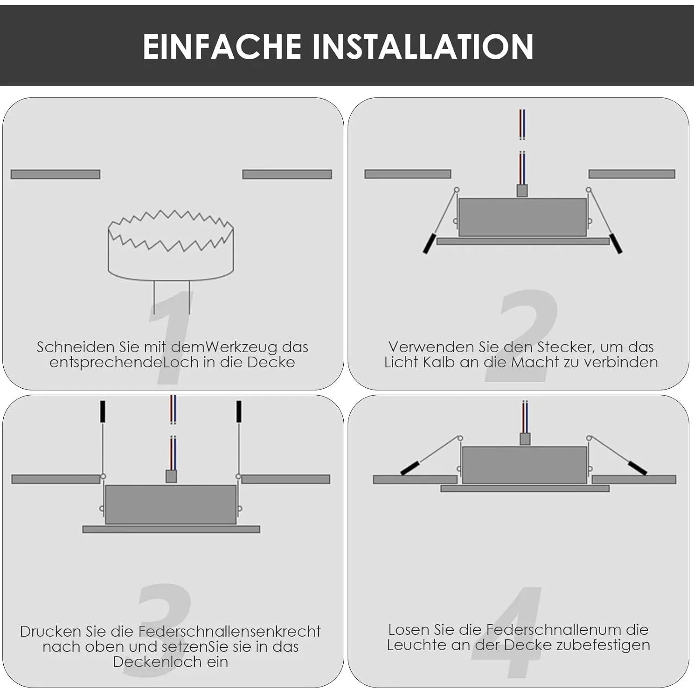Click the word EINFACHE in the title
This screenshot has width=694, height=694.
pyautogui.click(x=222, y=47)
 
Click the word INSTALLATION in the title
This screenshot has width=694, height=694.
pyautogui.click(x=423, y=47)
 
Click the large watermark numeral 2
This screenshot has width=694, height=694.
pyautogui.click(x=522, y=336)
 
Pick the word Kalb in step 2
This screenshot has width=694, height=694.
pyautogui.click(x=439, y=362)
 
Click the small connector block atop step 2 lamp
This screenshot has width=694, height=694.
pyautogui.click(x=522, y=190)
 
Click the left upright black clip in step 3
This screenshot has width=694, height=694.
pyautogui.click(x=103, y=411)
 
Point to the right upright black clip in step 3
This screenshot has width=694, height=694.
pyautogui.click(x=239, y=411)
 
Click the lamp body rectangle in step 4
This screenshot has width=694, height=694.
pyautogui.click(x=525, y=465)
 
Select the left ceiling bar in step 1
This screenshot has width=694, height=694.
pyautogui.click(x=56, y=174)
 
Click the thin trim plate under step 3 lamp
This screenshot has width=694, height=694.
pyautogui.click(x=171, y=529)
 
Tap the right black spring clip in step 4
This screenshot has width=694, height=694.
pyautogui.click(x=637, y=468)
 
